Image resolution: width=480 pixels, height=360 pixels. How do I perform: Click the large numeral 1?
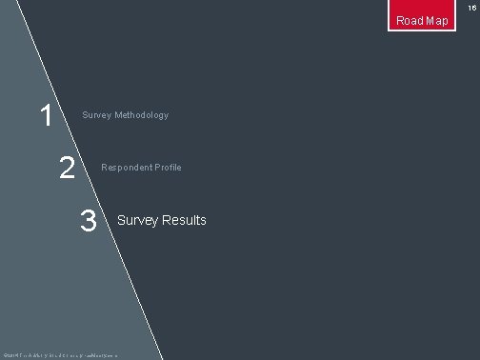coord(45,117)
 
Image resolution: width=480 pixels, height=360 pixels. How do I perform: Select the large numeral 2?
coord(67,169)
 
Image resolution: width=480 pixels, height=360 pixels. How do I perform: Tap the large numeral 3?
coord(89,221)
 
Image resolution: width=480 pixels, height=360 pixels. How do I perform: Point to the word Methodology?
coord(142,115)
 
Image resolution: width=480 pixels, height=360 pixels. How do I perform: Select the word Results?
coord(184,220)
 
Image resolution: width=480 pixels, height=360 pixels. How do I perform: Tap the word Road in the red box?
coord(410,21)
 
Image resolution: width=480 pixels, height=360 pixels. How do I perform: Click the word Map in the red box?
coord(437,21)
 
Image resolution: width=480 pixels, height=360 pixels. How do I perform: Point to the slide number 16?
coord(470,7)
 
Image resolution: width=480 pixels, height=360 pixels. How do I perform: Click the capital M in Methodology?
coord(118,115)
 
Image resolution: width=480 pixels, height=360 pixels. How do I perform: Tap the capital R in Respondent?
coord(104,168)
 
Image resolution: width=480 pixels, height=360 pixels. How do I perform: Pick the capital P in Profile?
coord(158,168)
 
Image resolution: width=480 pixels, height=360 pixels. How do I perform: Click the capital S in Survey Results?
coord(120,220)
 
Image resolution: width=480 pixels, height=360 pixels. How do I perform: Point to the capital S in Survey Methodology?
coord(85,115)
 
